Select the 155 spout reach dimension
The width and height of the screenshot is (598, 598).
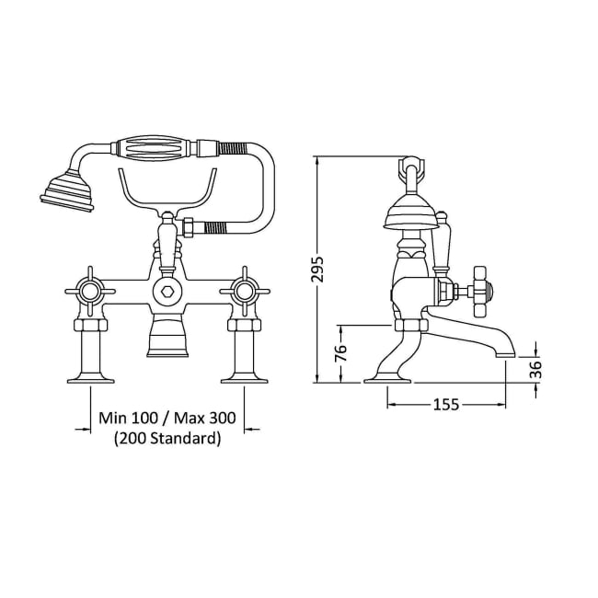[x=447, y=405]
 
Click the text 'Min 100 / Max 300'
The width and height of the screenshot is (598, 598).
[x=167, y=418]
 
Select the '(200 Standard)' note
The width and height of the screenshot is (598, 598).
[x=167, y=439]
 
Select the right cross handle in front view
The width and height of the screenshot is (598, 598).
[x=246, y=293]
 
